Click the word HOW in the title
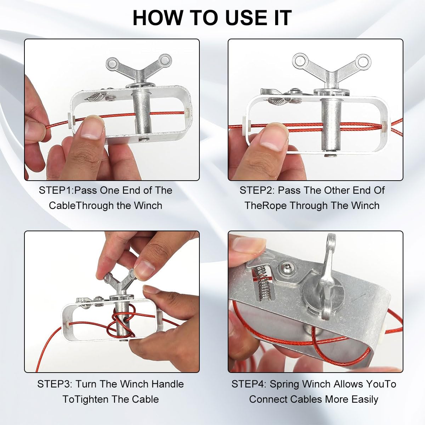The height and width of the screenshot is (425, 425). click(x=158, y=18)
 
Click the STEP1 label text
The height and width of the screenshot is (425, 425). click(x=56, y=190)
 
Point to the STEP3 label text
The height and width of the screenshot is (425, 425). click(x=55, y=384)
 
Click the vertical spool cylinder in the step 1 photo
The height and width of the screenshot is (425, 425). click(x=141, y=113)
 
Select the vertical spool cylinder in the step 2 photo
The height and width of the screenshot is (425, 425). click(x=331, y=125)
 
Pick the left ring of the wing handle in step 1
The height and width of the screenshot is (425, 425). click(x=113, y=64)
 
